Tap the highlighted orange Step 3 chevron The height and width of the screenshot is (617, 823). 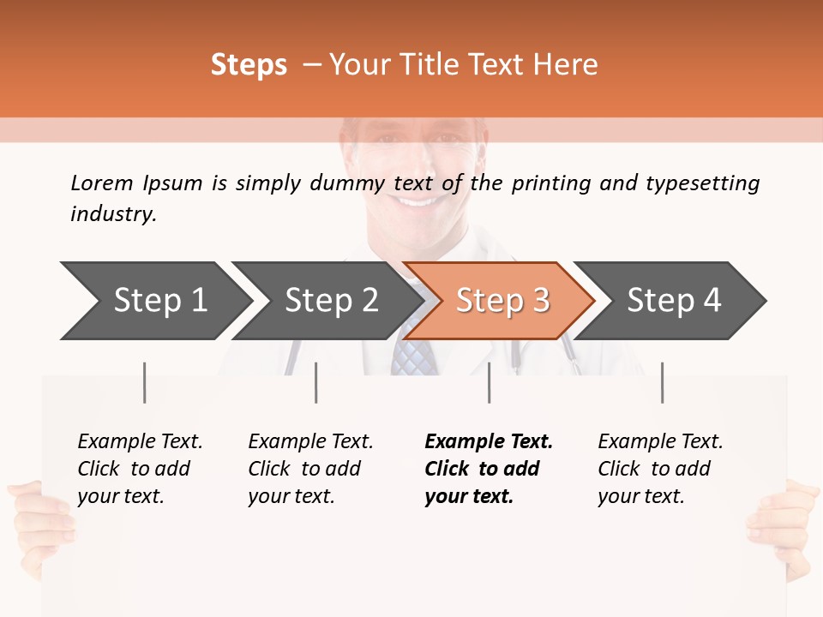click(x=502, y=301)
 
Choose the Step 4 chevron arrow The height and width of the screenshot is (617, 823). click(x=674, y=301)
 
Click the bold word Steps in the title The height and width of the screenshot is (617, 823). click(x=249, y=65)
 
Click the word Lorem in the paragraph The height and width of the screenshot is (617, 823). click(x=101, y=183)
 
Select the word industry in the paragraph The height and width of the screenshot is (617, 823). click(x=113, y=213)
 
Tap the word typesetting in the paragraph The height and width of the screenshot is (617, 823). click(x=702, y=183)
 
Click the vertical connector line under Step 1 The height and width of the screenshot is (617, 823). click(x=145, y=382)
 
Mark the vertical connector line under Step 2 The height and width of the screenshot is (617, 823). click(x=316, y=382)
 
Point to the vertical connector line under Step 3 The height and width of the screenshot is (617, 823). click(x=490, y=382)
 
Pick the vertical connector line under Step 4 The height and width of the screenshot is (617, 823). click(x=662, y=382)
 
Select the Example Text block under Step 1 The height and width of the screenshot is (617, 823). click(x=140, y=469)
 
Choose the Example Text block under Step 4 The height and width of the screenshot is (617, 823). click(x=660, y=469)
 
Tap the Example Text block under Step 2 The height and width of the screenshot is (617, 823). click(x=310, y=469)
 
